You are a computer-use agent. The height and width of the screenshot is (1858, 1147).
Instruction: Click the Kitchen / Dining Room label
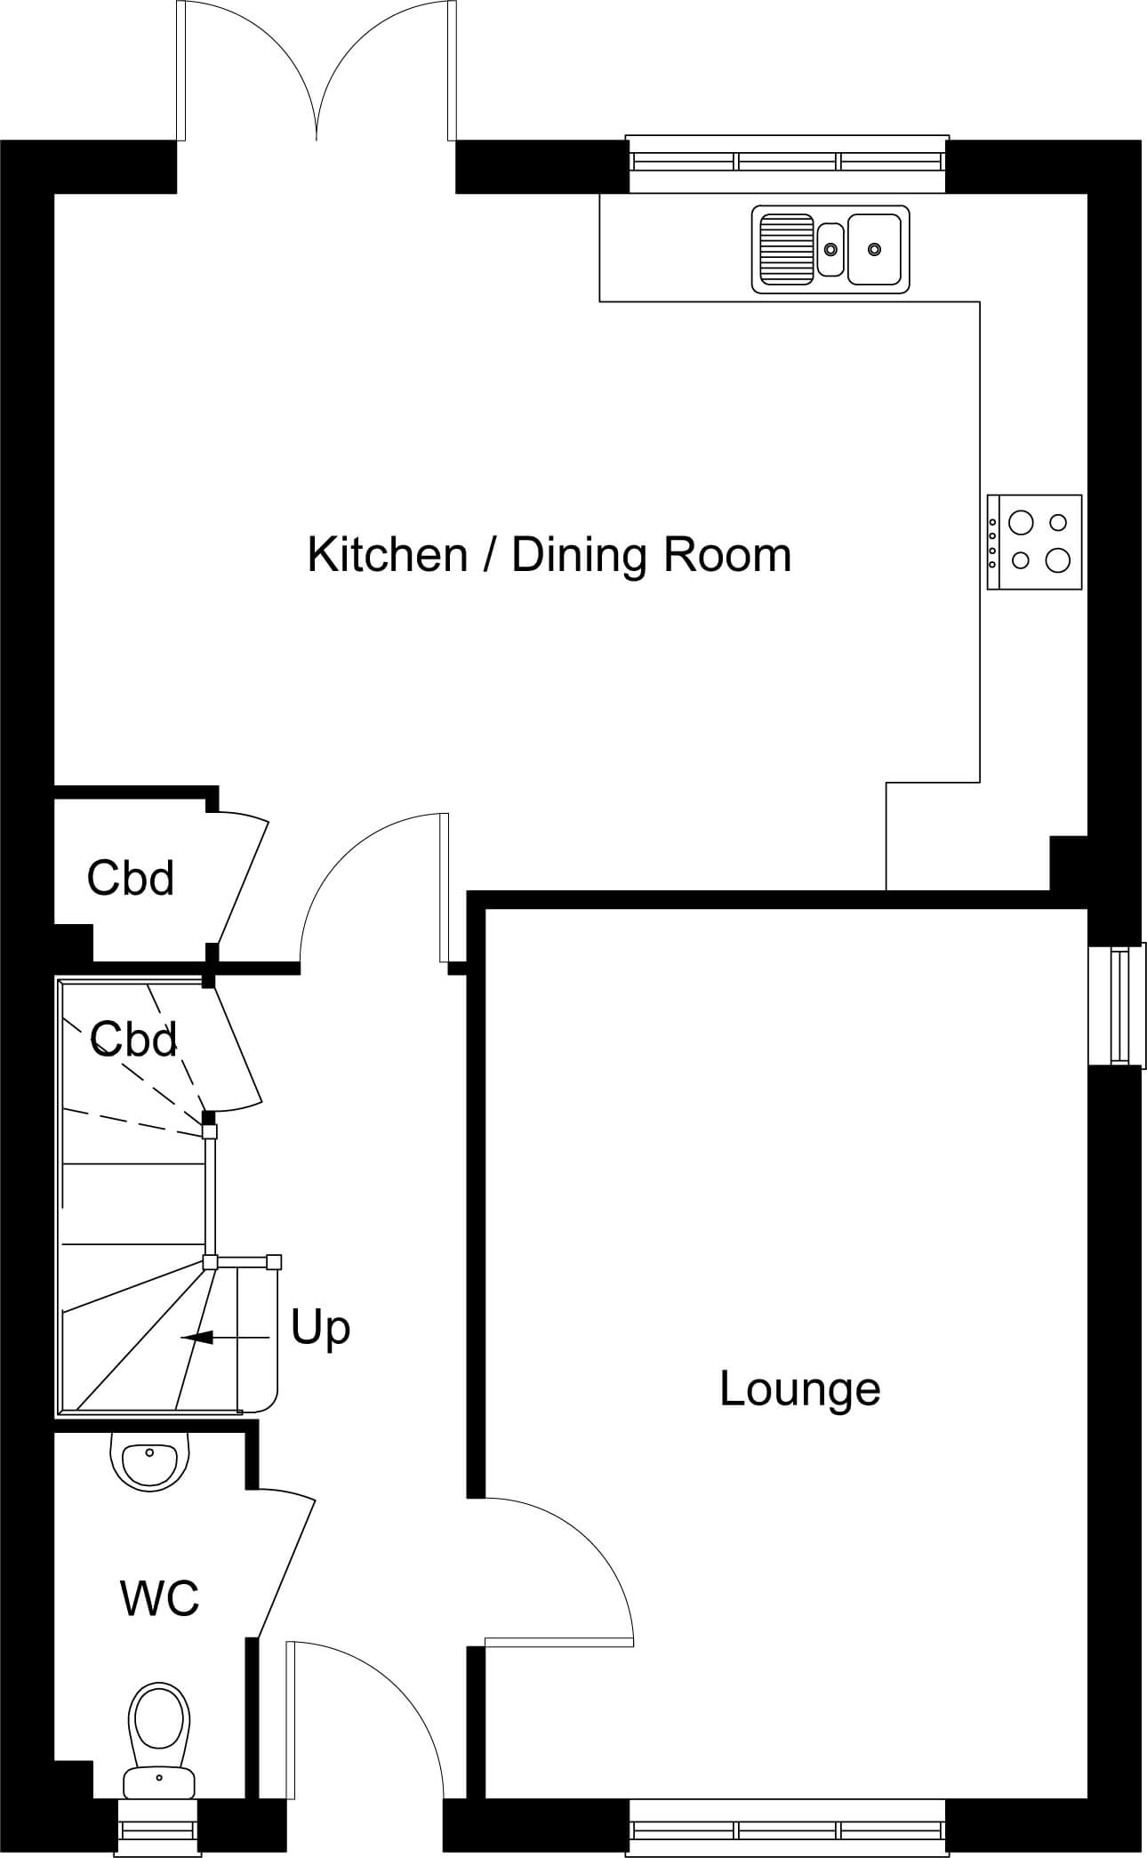[x=549, y=555]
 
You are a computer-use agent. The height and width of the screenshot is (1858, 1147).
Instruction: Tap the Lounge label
[x=799, y=1388]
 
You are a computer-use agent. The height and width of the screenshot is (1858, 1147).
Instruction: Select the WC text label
[x=160, y=1598]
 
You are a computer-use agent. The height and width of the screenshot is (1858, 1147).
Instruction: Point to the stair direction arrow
[x=224, y=1337]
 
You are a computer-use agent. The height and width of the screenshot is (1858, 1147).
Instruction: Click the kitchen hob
[x=1034, y=542]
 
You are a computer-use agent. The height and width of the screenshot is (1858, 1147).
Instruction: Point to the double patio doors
[x=317, y=71]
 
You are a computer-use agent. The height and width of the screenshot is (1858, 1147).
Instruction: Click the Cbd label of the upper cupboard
[x=131, y=878]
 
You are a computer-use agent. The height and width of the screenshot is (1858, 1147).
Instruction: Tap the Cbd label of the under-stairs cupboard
[x=133, y=1038]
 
